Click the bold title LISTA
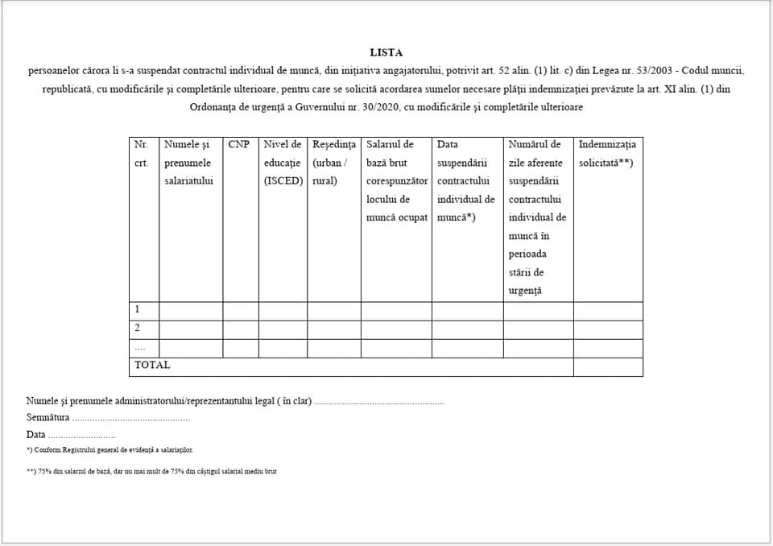386,53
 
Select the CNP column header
238,145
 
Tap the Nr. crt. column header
142,154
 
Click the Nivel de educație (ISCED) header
283,163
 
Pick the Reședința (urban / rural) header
334,163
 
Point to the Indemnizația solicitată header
607,154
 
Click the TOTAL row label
152,365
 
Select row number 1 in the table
137,309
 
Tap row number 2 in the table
137,328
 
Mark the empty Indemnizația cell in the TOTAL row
608,366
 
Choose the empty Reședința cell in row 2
334,329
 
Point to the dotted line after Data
81,436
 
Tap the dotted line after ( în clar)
379,401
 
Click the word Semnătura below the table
48,418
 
